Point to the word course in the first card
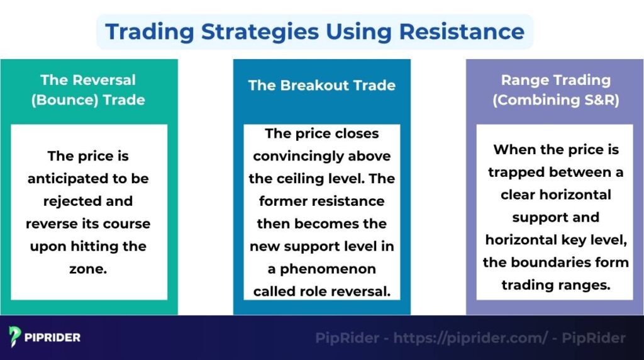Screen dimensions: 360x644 pyautogui.click(x=130, y=224)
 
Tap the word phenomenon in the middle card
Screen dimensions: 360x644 pyautogui.click(x=331, y=269)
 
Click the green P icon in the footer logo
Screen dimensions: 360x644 pyautogui.click(x=16, y=337)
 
